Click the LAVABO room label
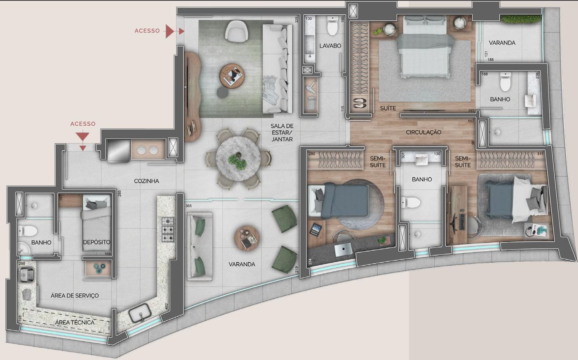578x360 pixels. pos(330,46)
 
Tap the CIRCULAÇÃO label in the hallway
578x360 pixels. pos(423,132)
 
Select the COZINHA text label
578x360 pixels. pos(146,181)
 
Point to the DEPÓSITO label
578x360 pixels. pos(96,242)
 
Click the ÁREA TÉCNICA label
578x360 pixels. pos(75,322)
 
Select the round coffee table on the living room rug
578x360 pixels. pos(231,77)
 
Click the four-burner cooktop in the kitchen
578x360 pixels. pos(168,230)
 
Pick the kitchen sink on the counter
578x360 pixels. pos(140,313)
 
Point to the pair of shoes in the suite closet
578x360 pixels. pos(359,103)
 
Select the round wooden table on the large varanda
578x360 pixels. pos(247,238)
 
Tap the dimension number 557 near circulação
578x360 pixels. pos(471,121)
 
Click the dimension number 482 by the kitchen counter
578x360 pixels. pos(167,306)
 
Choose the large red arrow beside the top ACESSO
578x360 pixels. pos(170,31)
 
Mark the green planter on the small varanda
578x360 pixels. pos(521,19)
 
